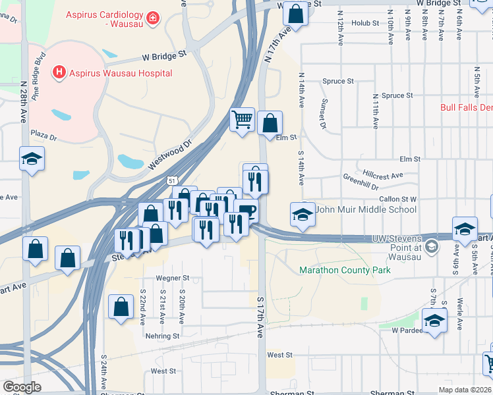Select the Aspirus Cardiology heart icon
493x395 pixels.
pyautogui.click(x=153, y=16)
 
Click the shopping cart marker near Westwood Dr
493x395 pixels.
pyautogui.click(x=243, y=120)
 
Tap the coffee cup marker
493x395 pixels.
pyautogui.click(x=246, y=211)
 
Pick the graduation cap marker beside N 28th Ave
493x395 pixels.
pyautogui.click(x=31, y=159)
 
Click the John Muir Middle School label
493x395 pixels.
pyautogui.click(x=366, y=209)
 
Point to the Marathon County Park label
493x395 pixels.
pyautogui.click(x=345, y=270)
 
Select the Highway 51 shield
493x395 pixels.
pyautogui.click(x=172, y=180)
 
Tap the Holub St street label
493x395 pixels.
pyautogui.click(x=365, y=23)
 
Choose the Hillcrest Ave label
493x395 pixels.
pyautogui.click(x=382, y=176)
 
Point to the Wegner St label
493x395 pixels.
pyautogui.click(x=172, y=278)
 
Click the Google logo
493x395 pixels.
pyautogui.click(x=22, y=387)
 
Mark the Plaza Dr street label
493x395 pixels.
pyautogui.click(x=44, y=135)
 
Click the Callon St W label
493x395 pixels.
pyautogui.click(x=397, y=198)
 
